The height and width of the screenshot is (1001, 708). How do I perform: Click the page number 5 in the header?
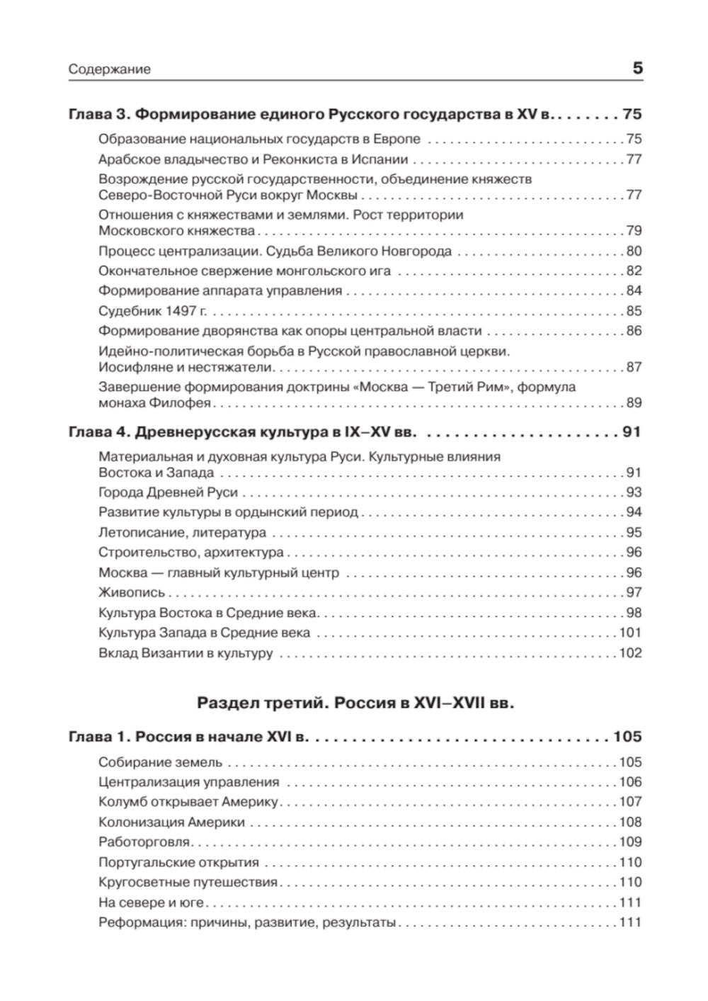[636, 69]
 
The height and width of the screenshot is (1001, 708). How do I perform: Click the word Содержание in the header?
[110, 70]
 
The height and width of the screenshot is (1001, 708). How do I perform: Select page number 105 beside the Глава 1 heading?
[627, 737]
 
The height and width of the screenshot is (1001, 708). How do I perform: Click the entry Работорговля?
[144, 842]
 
